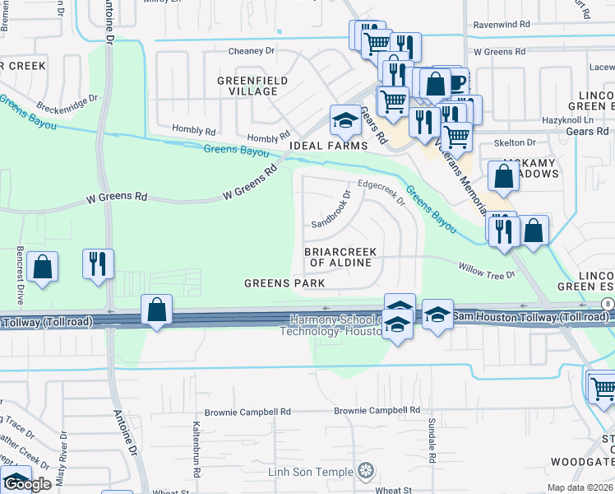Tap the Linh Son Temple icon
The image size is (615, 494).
pyautogui.click(x=367, y=472)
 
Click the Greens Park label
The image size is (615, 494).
pyautogui.click(x=284, y=283)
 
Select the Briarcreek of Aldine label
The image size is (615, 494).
pyautogui.click(x=340, y=257)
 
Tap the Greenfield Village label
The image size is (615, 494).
pyautogui.click(x=247, y=86)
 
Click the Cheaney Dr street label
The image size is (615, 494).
pyautogui.click(x=251, y=51)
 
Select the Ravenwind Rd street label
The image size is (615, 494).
pyautogui.click(x=502, y=25)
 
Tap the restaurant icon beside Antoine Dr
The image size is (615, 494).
pyautogui.click(x=97, y=264)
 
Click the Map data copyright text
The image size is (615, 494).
pyautogui.click(x=580, y=487)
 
